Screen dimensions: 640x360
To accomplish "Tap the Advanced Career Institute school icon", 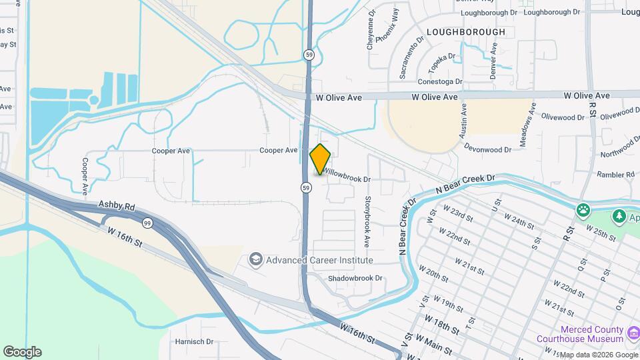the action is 255,259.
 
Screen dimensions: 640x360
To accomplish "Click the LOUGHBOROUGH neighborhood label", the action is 465,32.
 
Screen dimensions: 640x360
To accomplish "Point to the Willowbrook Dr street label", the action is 348,179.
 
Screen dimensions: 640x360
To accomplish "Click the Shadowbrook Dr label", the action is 355,278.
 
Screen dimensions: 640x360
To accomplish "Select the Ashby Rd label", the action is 117,206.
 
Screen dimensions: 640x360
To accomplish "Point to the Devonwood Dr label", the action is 487,150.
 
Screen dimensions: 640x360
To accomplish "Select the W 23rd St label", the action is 461,218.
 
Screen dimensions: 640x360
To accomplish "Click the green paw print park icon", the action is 584,210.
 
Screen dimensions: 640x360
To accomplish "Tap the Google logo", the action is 22,351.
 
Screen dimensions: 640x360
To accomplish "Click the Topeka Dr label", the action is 442,63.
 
